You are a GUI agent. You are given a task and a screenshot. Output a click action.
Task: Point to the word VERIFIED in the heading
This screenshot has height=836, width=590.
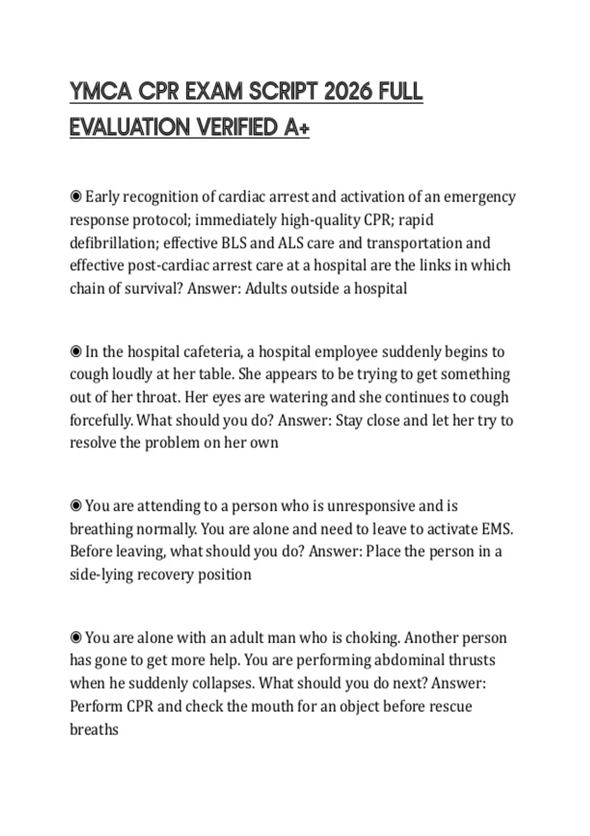(x=238, y=127)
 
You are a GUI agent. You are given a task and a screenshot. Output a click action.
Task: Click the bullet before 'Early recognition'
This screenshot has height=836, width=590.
(x=76, y=197)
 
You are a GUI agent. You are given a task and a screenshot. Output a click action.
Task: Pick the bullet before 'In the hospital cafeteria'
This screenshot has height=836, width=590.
(x=76, y=352)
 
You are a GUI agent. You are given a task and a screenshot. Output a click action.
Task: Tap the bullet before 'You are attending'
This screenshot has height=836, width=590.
(x=76, y=506)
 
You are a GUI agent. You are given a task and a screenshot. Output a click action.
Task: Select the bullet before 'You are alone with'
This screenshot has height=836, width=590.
(x=76, y=637)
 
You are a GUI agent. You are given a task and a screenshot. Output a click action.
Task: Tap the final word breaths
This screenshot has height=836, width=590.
(x=94, y=729)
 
